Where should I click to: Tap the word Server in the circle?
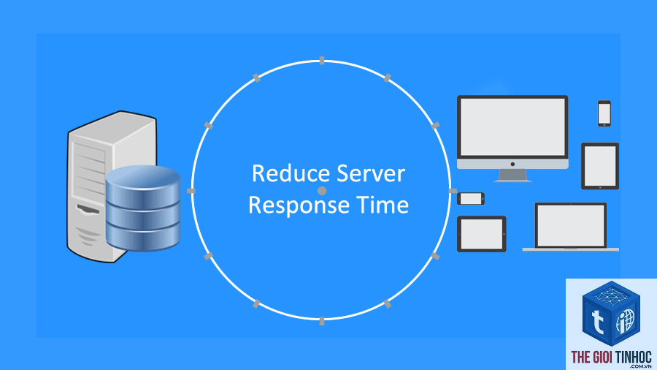[x=371, y=174]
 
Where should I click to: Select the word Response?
[x=299, y=205]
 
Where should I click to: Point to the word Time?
[x=383, y=205]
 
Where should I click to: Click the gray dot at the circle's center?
[x=322, y=191]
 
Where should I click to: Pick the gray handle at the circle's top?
[x=322, y=61]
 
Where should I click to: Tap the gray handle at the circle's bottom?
[x=322, y=321]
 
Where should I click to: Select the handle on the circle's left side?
[x=191, y=191]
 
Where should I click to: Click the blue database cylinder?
[x=143, y=208]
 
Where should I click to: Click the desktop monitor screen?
[x=512, y=127]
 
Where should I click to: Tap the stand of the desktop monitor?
[x=513, y=175]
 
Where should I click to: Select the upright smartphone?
[x=604, y=113]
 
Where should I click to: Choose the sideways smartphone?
[x=471, y=198]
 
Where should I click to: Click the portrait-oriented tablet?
[x=600, y=166]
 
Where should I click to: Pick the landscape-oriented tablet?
[x=482, y=234]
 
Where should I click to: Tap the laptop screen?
[x=571, y=226]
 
